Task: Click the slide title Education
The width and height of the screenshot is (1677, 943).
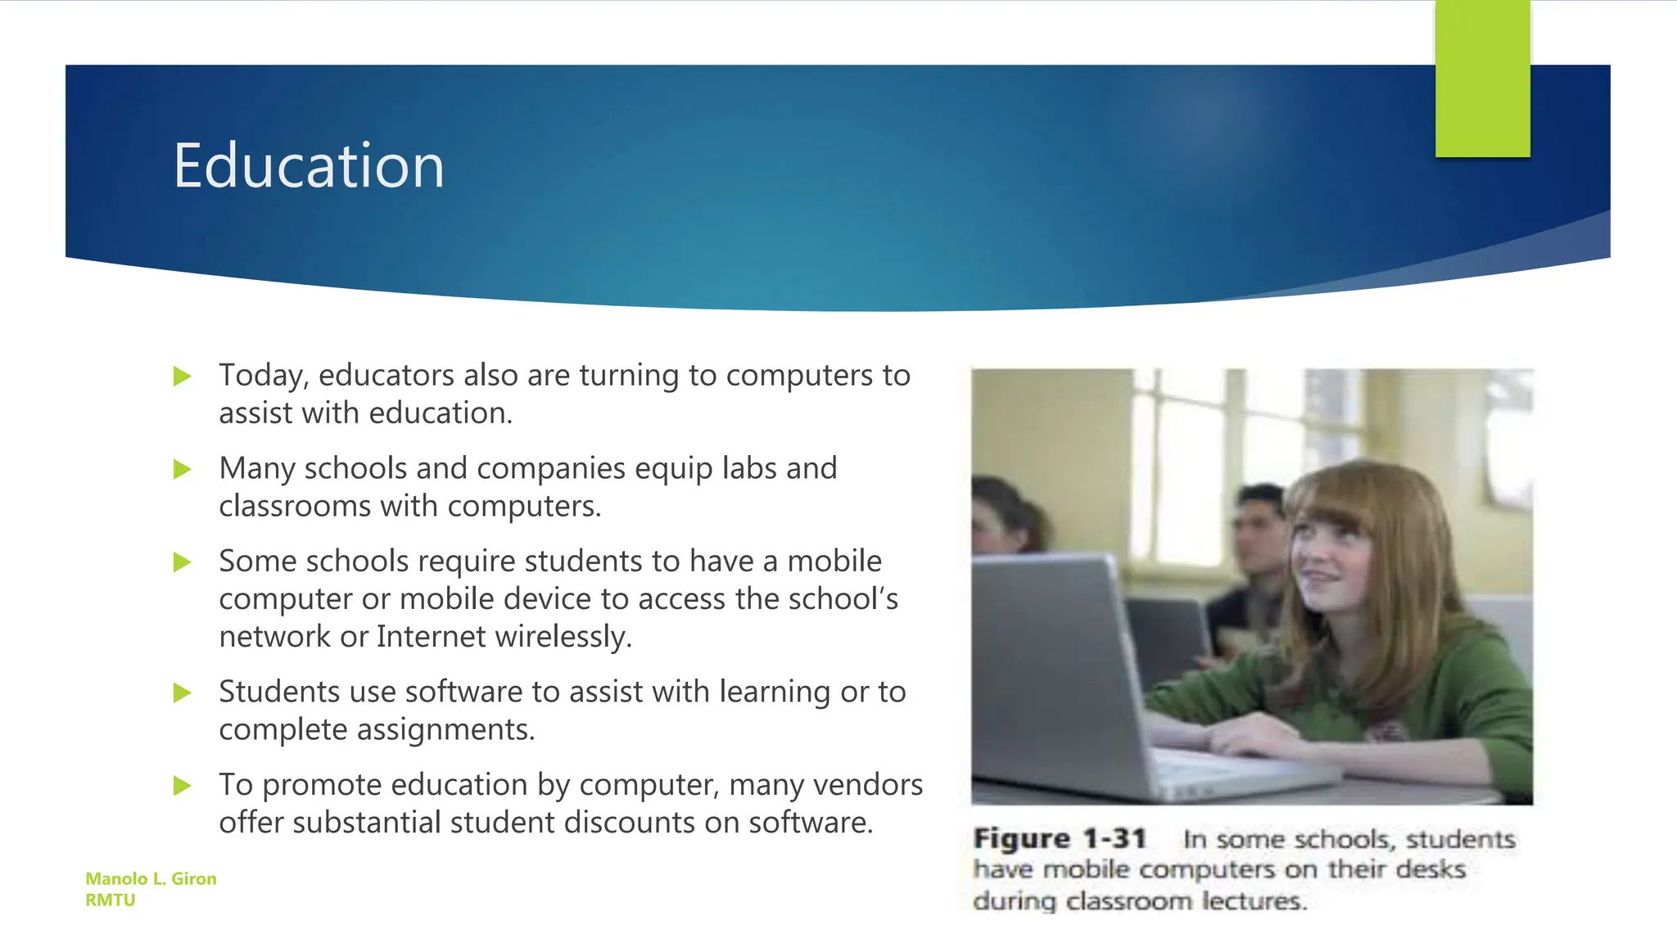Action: [309, 166]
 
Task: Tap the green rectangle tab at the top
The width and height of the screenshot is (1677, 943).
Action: [1482, 79]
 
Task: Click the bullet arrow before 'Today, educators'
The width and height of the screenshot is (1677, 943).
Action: [183, 377]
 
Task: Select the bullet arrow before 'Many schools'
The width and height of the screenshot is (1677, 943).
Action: [183, 470]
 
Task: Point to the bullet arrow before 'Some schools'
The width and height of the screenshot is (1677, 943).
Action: [183, 562]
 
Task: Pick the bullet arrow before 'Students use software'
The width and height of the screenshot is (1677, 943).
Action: [183, 693]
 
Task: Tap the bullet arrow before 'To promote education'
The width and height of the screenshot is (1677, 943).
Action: [183, 786]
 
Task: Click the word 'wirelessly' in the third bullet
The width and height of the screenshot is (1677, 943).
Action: [563, 637]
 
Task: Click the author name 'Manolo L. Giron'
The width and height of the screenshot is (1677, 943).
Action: [151, 878]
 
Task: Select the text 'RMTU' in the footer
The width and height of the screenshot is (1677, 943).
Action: [111, 900]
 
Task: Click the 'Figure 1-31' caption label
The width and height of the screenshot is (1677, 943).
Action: [1060, 839]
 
